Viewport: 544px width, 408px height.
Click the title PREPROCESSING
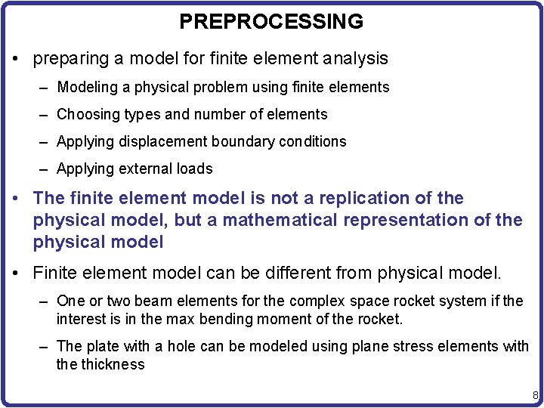pyautogui.click(x=271, y=21)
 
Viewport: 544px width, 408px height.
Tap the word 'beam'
pyautogui.click(x=149, y=301)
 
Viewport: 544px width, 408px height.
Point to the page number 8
pyautogui.click(x=535, y=395)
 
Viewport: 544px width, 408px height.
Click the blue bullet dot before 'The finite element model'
pyautogui.click(x=16, y=199)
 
